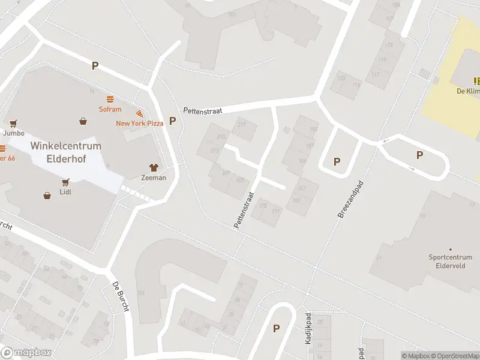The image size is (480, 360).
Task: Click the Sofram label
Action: pos(110,109)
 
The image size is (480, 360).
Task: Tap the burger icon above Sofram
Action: pos(110,98)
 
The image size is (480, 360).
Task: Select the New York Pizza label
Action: pos(140,123)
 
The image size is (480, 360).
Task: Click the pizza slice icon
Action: pos(140,113)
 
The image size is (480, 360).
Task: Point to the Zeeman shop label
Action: pos(154,178)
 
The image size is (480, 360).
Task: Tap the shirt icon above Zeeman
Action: pos(154,167)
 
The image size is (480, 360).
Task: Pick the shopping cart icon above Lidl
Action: pos(65,181)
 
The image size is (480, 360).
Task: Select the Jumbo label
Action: pos(13,133)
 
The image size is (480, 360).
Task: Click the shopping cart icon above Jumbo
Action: pos(13,123)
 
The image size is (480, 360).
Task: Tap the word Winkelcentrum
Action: pos(66,146)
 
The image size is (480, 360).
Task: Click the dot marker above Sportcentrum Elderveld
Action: pos(451,249)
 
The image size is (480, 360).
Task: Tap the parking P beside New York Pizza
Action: pos(173,121)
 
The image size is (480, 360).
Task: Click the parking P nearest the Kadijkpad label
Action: pos(277,328)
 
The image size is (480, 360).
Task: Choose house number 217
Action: pos(242,125)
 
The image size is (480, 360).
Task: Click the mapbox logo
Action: pos(26,353)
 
